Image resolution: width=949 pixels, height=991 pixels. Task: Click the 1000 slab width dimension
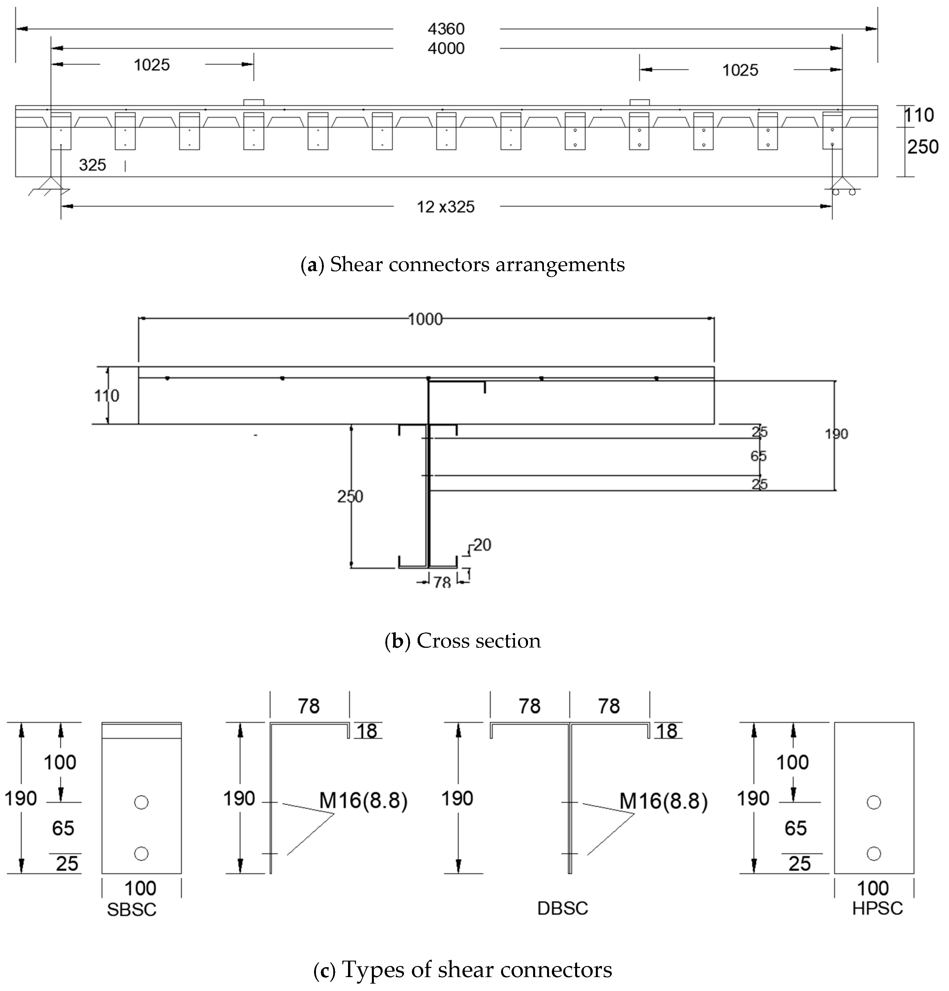point(425,319)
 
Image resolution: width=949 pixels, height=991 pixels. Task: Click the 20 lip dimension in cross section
point(482,544)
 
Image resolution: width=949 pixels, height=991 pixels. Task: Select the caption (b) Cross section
point(463,641)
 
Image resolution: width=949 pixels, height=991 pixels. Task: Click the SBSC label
point(131,910)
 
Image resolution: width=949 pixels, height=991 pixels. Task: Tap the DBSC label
point(562,908)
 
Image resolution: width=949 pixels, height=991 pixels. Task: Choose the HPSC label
point(877,908)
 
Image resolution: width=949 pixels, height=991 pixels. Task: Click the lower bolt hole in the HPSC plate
point(874,854)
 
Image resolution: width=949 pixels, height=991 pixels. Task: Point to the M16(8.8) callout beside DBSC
point(663,801)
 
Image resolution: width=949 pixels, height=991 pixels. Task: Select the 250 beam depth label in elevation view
point(923,147)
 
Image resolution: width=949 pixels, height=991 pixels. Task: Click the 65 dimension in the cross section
point(759,456)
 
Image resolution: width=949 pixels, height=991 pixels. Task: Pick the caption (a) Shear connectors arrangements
point(463,265)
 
